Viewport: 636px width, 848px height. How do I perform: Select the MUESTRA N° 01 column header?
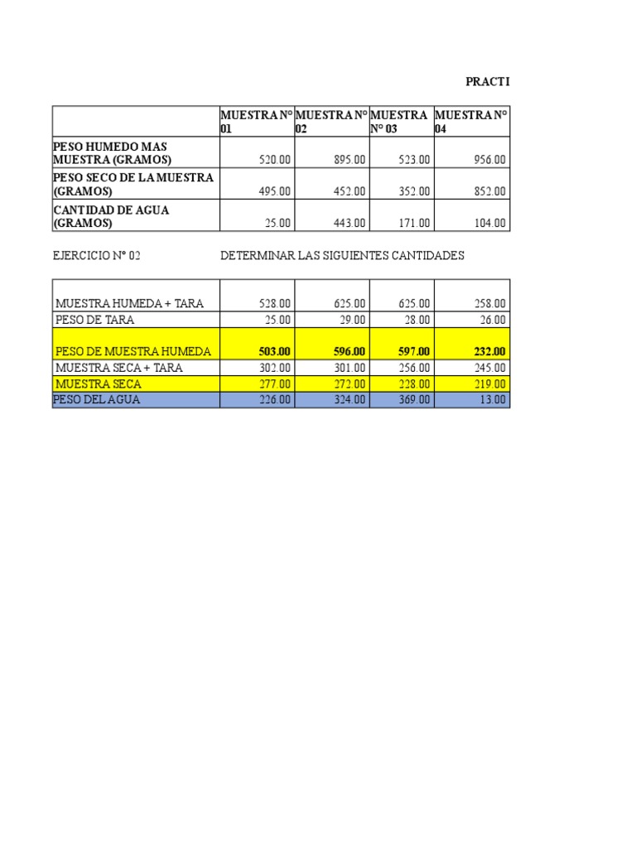[256, 122]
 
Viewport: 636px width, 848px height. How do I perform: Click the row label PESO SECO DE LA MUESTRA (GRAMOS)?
[133, 185]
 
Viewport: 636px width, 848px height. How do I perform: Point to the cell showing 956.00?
[489, 160]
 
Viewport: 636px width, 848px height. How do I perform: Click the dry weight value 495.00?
[274, 191]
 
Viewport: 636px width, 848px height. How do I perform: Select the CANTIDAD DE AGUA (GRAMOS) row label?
[111, 216]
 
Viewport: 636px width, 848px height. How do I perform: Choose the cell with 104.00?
[489, 223]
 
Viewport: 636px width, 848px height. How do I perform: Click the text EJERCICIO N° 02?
[96, 256]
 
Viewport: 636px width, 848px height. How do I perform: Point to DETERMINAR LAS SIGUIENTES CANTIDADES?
[342, 256]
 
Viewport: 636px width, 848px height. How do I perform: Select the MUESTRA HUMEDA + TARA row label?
[128, 304]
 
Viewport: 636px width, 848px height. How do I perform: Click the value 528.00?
[274, 304]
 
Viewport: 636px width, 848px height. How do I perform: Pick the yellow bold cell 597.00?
[414, 352]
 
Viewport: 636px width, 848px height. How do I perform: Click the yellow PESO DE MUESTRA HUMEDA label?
[133, 352]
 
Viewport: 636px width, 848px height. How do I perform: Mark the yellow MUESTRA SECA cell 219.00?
[489, 384]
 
